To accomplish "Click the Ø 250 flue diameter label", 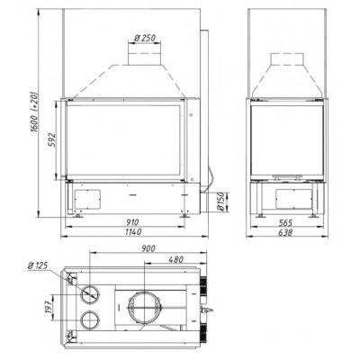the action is click(145, 38).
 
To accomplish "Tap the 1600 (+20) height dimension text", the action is click(35, 112).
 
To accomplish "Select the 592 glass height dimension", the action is click(51, 139).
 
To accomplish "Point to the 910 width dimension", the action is click(132, 222).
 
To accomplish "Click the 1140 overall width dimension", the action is click(132, 232).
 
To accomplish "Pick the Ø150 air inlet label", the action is click(220, 202).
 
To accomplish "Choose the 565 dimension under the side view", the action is click(285, 223).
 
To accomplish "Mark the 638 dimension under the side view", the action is click(285, 232).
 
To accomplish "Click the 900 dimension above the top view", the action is click(148, 248).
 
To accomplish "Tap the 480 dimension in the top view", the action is click(175, 259).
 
